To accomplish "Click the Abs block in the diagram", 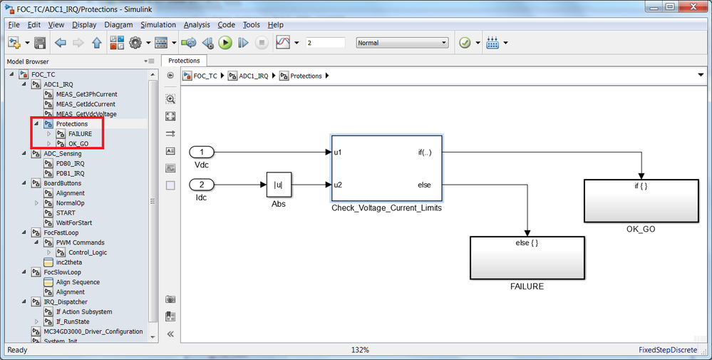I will pyautogui.click(x=279, y=185).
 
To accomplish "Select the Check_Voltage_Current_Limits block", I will pyautogui.click(x=386, y=168).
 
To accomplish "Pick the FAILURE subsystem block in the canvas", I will pyautogui.click(x=526, y=258).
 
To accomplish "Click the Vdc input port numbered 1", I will pyautogui.click(x=202, y=152).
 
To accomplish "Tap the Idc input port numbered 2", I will pyautogui.click(x=202, y=185).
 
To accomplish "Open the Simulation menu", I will pyautogui.click(x=158, y=25).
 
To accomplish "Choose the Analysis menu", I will pyautogui.click(x=197, y=25).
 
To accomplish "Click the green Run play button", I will pyautogui.click(x=225, y=43).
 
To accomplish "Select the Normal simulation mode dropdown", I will pyautogui.click(x=402, y=43).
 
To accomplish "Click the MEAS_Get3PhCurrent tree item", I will pyautogui.click(x=86, y=94).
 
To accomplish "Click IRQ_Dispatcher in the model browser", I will pyautogui.click(x=65, y=302).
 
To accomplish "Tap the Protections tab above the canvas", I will pyautogui.click(x=184, y=61).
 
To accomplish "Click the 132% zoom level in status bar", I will pyautogui.click(x=360, y=350).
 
